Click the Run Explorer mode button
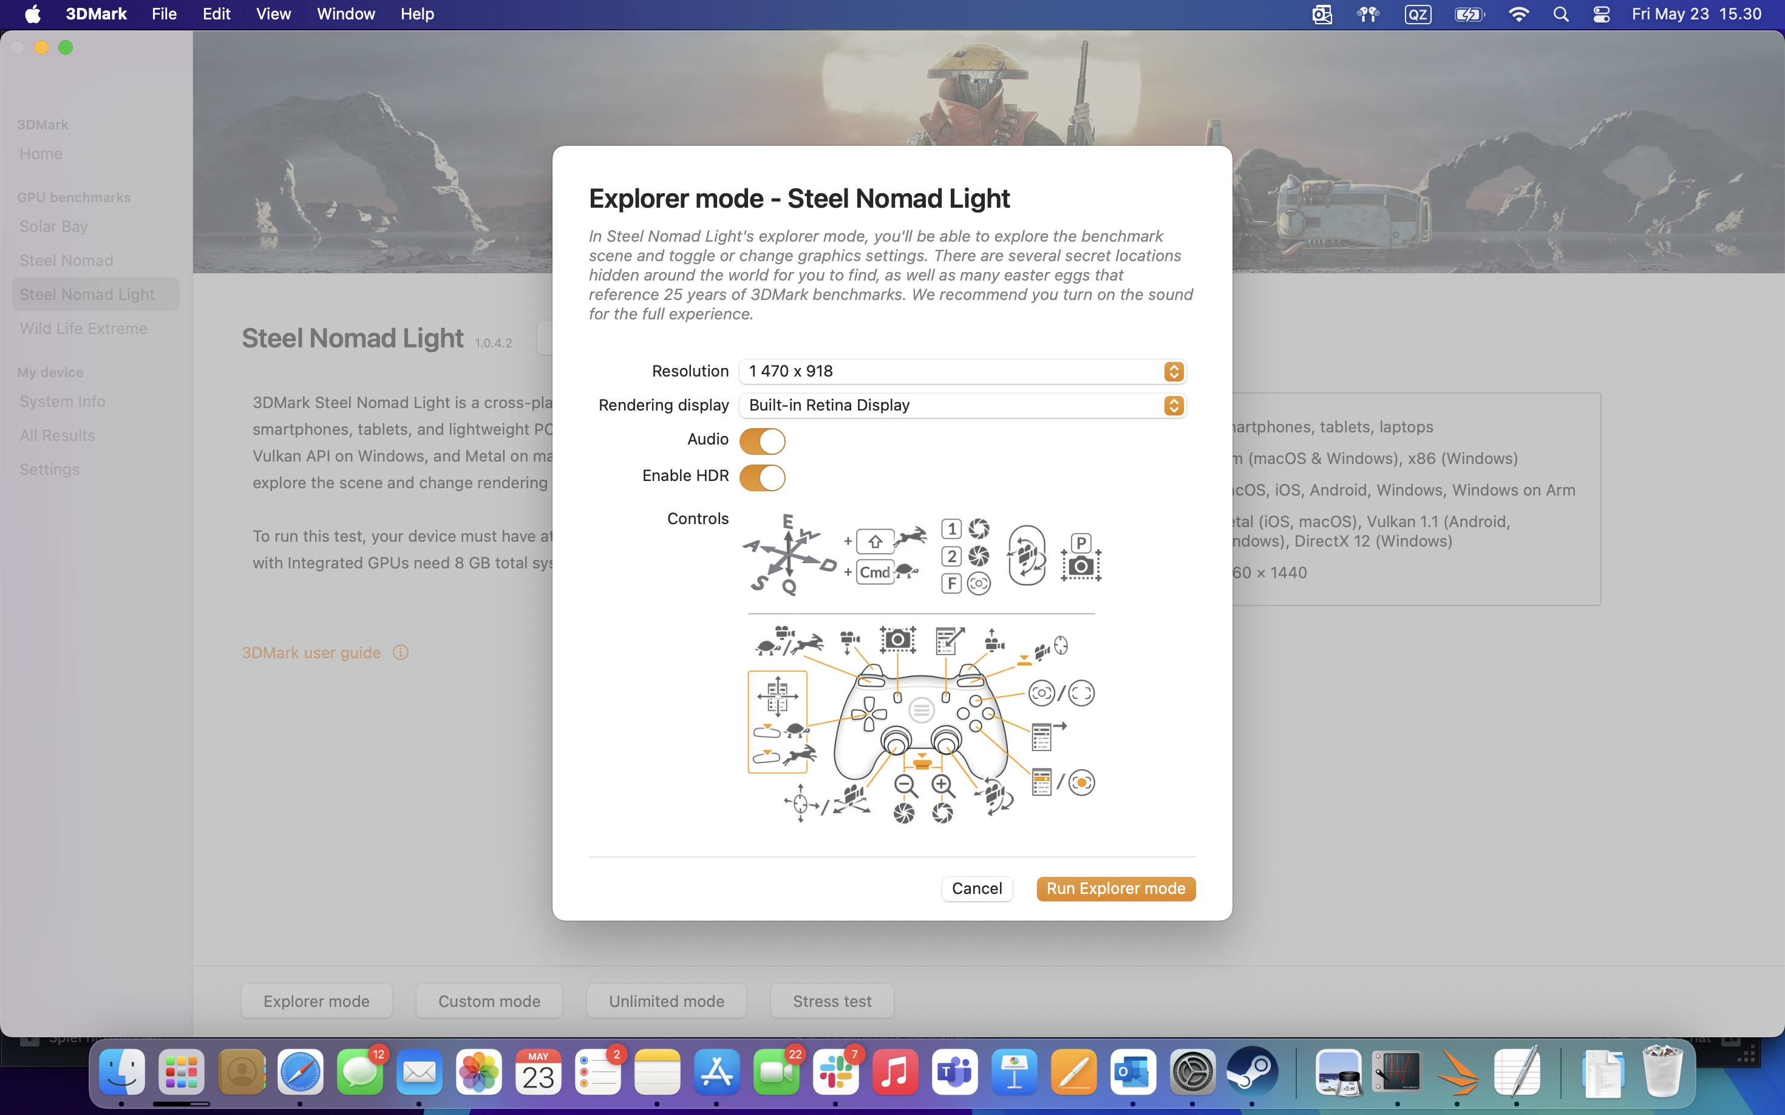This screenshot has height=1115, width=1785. pyautogui.click(x=1115, y=888)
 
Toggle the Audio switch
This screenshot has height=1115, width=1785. pyautogui.click(x=761, y=441)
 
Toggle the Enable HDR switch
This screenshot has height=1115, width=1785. pyautogui.click(x=761, y=477)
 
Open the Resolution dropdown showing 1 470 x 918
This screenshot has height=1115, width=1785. pyautogui.click(x=962, y=371)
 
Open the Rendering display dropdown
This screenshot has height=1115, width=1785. pyautogui.click(x=962, y=406)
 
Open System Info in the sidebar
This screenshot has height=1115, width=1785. pyautogui.click(x=63, y=401)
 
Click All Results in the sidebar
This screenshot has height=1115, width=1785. pyautogui.click(x=58, y=435)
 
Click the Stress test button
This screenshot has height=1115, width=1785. pyautogui.click(x=832, y=1001)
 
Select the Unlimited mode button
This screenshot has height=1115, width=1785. pyautogui.click(x=666, y=1001)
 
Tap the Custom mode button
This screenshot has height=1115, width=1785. pyautogui.click(x=489, y=1001)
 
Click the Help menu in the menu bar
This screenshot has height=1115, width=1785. pyautogui.click(x=416, y=14)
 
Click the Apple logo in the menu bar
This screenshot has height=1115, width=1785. pyautogui.click(x=32, y=14)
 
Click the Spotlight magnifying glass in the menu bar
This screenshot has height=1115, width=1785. pyautogui.click(x=1560, y=14)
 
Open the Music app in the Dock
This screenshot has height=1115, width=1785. pyautogui.click(x=894, y=1071)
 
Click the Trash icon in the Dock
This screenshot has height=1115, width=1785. pyautogui.click(x=1662, y=1071)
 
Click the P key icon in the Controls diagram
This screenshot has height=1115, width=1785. pyautogui.click(x=1080, y=543)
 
